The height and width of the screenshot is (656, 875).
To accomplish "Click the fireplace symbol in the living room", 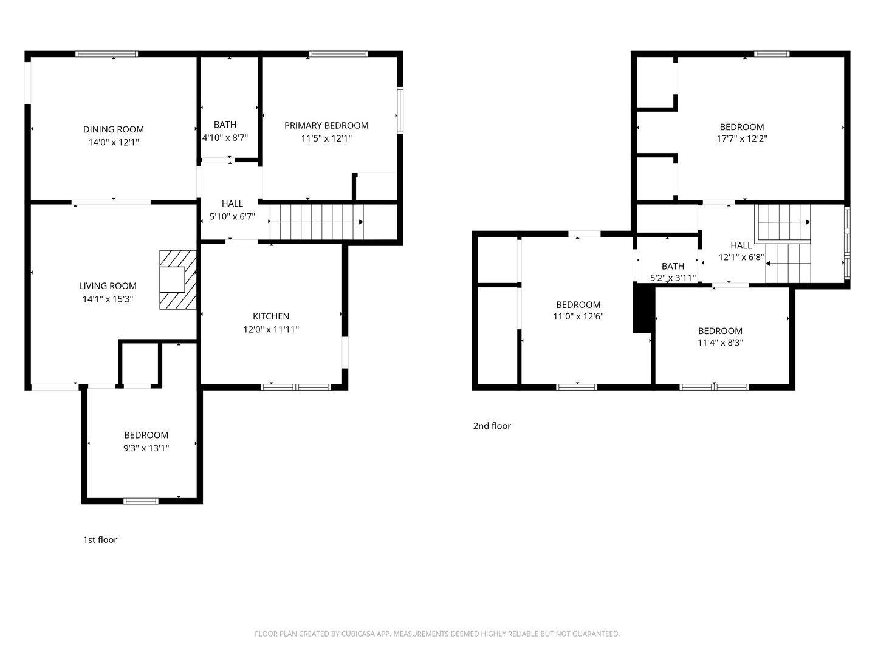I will coord(178,279).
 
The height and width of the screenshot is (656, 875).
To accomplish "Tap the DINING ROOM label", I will coord(114,129).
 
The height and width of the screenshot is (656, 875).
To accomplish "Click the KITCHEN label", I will coord(271,316).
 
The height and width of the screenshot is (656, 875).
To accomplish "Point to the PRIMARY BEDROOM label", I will coord(326,126).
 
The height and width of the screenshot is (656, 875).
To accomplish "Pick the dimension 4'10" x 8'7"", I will coord(225,138).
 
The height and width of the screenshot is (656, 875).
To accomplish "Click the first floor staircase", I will coord(316,222).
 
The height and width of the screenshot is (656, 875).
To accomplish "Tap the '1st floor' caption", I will coord(100,540).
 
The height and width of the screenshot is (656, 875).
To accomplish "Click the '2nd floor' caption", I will coord(492,426).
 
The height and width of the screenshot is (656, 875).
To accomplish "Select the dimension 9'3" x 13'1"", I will coord(146,448).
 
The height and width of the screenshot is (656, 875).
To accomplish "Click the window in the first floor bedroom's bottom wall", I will coord(141,501).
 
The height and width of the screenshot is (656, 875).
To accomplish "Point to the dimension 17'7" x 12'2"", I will coord(741,138).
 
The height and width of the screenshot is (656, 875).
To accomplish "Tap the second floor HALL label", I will coord(741,245).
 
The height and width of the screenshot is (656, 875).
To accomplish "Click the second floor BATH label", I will coord(673,266).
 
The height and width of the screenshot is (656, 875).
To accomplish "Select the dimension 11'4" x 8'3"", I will coord(720,343).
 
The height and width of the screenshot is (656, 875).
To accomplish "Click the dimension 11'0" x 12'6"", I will coord(578,316).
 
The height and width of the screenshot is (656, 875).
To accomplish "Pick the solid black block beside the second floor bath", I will coord(642,309).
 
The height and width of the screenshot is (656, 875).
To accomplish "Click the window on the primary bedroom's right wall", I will coord(400,110).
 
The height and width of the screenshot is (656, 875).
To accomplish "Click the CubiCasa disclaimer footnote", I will coord(437,634).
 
